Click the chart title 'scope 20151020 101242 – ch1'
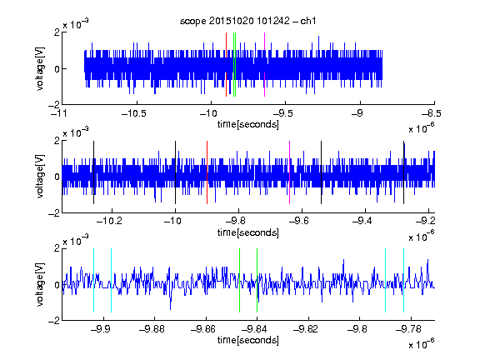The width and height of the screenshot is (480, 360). pos(247,21)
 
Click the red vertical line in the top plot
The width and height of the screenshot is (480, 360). pos(226,65)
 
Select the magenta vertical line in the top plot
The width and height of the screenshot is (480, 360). pos(264,65)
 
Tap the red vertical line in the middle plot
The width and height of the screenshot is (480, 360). pos(207,172)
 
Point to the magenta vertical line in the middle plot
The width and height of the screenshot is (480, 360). pos(290,172)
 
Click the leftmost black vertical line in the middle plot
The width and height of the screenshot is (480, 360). pos(93,172)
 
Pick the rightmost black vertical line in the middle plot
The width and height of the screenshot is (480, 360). pos(404,172)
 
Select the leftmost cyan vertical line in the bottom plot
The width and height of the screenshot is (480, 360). pos(93,280)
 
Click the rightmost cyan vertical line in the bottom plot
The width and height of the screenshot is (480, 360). pos(404,280)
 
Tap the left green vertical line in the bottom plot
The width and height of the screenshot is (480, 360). pos(239,280)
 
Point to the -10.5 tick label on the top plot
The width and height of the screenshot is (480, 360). pos(134,114)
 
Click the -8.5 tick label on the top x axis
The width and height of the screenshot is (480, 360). pos(432,114)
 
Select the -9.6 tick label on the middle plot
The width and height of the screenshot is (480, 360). pos(299,221)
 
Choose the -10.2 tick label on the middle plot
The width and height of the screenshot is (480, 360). pos(109,221)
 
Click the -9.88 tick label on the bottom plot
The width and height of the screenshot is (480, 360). pos(152,329)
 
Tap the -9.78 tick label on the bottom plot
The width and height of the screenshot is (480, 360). pos(408,329)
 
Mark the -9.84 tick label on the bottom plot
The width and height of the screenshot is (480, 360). pos(254,329)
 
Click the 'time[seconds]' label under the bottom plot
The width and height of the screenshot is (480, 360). pos(248,340)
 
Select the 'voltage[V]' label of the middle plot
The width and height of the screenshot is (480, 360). pos(40,177)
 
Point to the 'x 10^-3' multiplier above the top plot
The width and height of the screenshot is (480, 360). pos(76,24)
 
